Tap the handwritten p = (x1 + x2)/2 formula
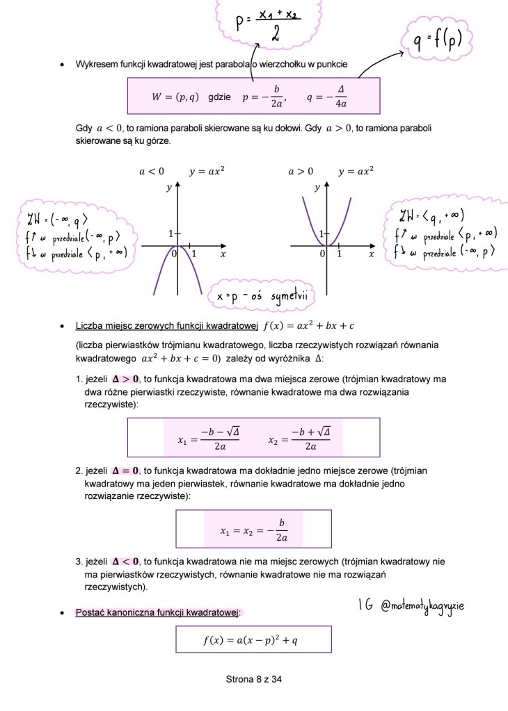tap(268, 23)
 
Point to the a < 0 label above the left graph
tap(152, 171)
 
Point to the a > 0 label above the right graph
tap(301, 171)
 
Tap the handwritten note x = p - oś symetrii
tap(261, 297)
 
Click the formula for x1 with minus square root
tap(204, 439)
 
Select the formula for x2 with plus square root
tap(300, 439)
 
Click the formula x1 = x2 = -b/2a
tap(253, 531)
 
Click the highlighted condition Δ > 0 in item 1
tap(125, 379)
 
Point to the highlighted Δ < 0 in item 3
tap(125, 562)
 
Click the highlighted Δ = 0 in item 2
tap(125, 471)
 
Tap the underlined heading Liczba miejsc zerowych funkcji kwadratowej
tap(167, 326)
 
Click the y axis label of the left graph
tap(169, 188)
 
